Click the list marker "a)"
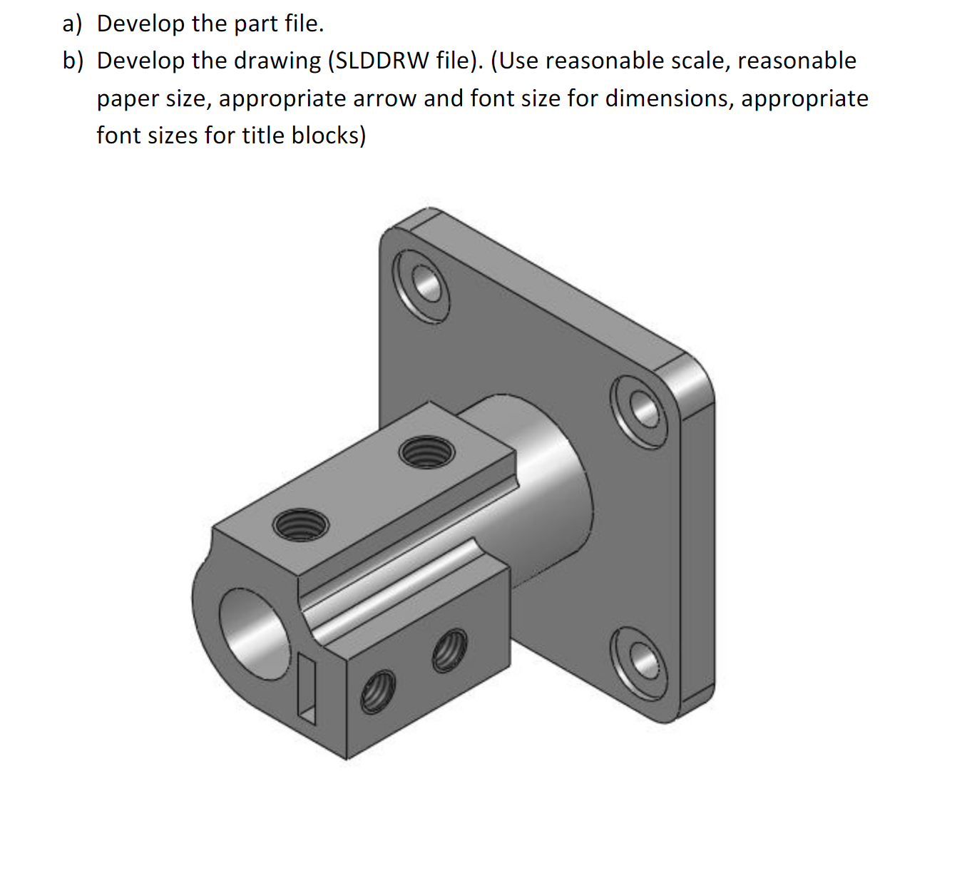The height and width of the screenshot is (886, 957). click(72, 24)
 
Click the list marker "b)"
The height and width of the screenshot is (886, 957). click(72, 61)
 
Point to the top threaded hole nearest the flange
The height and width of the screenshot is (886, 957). click(426, 452)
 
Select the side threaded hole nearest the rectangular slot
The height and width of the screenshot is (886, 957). click(377, 691)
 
